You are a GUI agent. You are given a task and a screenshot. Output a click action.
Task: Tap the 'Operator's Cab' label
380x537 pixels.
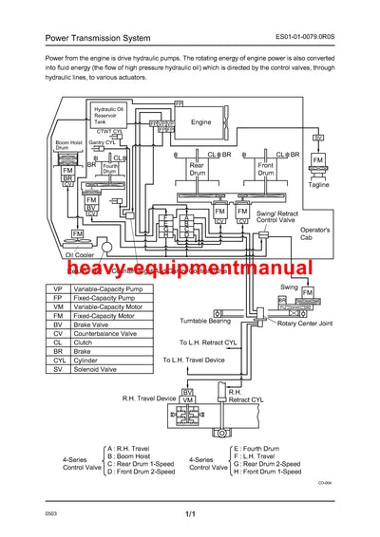313,233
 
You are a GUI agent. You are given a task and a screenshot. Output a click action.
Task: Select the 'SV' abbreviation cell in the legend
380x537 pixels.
58,370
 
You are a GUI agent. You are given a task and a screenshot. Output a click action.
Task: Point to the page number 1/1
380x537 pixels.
190,514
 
